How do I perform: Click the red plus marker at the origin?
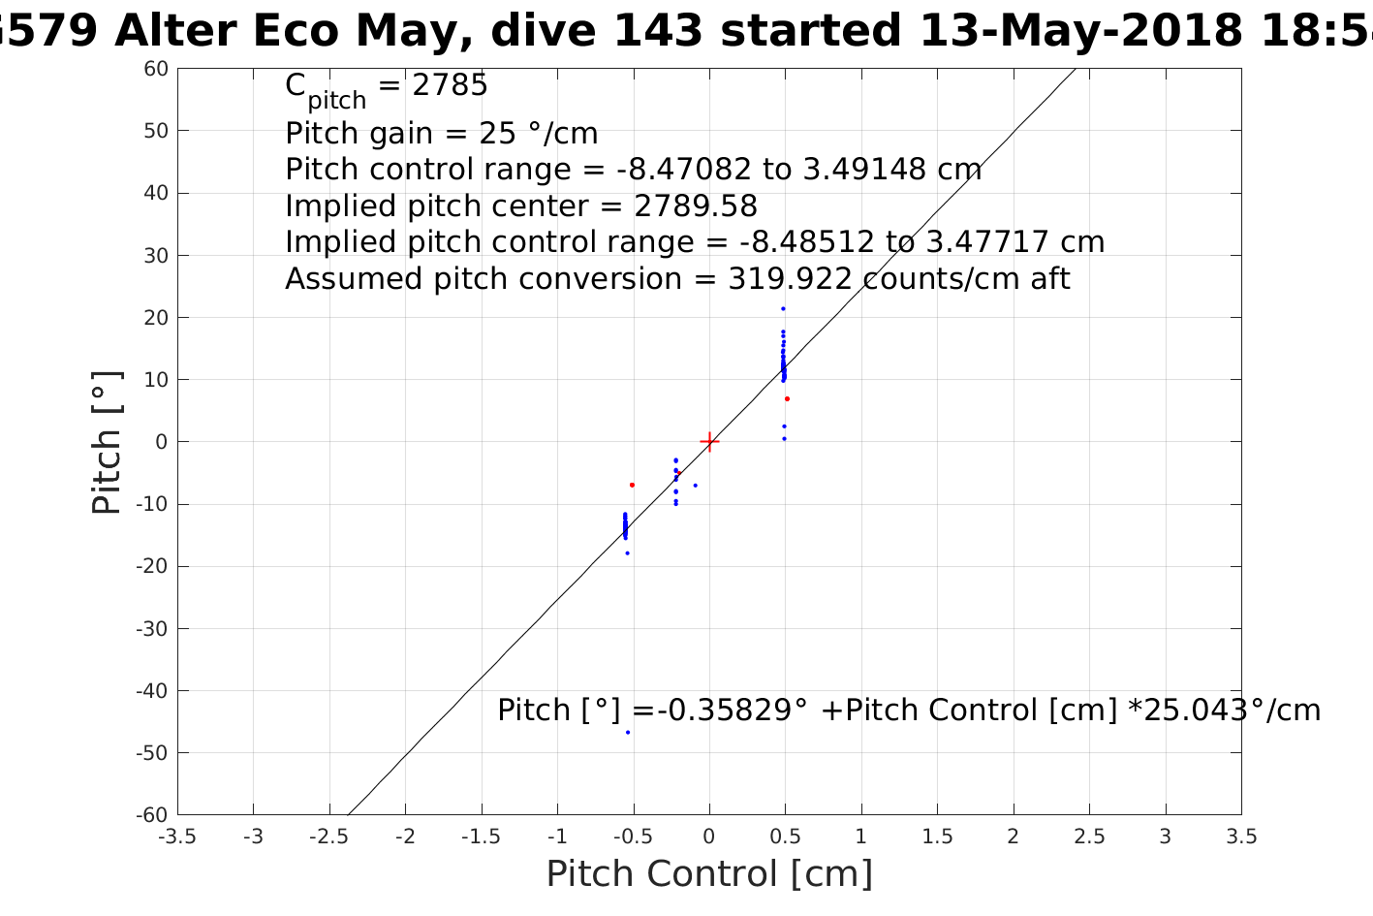click(709, 442)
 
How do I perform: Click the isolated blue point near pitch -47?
click(628, 732)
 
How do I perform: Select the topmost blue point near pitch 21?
click(783, 309)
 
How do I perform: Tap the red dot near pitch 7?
click(787, 398)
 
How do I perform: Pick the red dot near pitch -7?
click(632, 485)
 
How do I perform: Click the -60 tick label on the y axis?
click(152, 815)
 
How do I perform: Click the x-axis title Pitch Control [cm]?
click(709, 874)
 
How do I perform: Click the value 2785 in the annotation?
click(451, 86)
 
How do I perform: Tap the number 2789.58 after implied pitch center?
click(696, 206)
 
